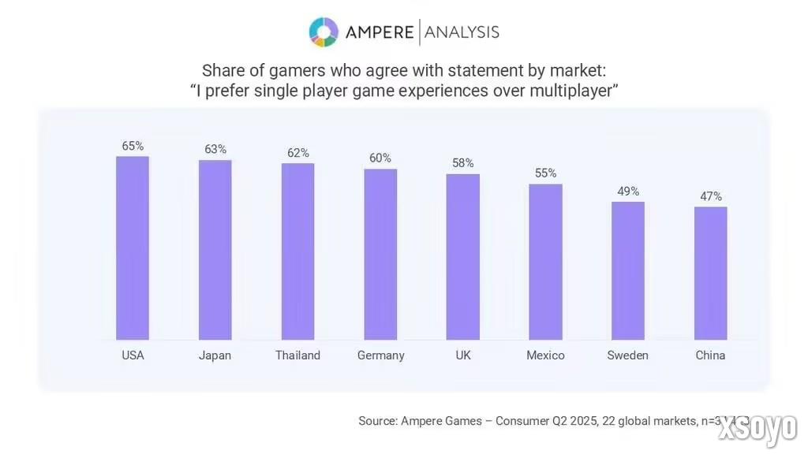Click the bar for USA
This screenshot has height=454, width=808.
133,248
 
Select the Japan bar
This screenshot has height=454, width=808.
215,250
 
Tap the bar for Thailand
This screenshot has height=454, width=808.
297,251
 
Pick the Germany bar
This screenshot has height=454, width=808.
380,255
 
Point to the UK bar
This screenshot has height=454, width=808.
463,257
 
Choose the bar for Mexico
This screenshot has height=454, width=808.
545,262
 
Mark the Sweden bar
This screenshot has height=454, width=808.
628,270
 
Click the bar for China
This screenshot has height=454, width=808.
710,274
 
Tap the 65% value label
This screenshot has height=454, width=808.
133,146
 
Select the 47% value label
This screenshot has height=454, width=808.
711,196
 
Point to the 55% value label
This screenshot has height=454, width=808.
545,173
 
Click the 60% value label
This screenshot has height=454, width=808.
380,158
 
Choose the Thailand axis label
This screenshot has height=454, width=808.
297,355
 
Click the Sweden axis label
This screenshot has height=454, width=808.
628,355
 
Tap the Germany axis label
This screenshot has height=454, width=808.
380,355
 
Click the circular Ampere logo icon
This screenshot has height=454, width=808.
324,32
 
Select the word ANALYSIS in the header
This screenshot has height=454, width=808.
462,32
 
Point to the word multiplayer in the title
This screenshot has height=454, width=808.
567,91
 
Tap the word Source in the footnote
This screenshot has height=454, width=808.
378,421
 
